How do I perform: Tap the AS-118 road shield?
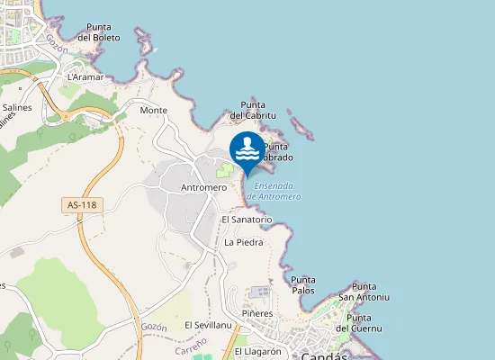[x=82, y=205]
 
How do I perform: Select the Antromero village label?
[x=203, y=187]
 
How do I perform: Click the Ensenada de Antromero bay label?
[x=274, y=191]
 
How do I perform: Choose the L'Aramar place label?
[x=86, y=77]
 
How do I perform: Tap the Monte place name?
[x=154, y=110]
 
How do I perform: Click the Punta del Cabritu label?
[x=253, y=110]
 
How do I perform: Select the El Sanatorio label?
[x=247, y=219]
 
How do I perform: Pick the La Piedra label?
[x=243, y=242]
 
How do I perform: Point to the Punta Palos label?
[x=303, y=285]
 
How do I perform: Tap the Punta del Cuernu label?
[x=360, y=322]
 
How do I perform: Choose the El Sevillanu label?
[x=209, y=325]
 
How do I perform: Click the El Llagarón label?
[x=258, y=351]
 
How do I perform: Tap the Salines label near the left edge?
[x=17, y=107]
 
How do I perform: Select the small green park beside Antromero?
[x=224, y=168]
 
